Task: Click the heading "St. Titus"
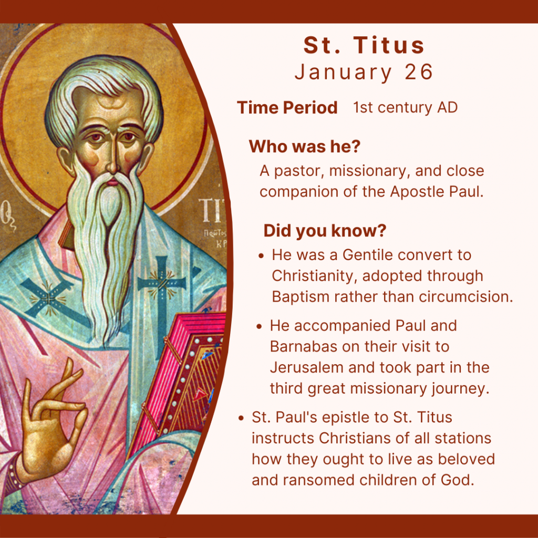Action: pyautogui.click(x=364, y=45)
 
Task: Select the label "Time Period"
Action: pyautogui.click(x=287, y=108)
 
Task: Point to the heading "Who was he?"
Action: pyautogui.click(x=305, y=147)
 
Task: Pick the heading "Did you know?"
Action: pyautogui.click(x=325, y=231)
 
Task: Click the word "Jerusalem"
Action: pyautogui.click(x=306, y=367)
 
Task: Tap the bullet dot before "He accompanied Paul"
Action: pyautogui.click(x=260, y=326)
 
